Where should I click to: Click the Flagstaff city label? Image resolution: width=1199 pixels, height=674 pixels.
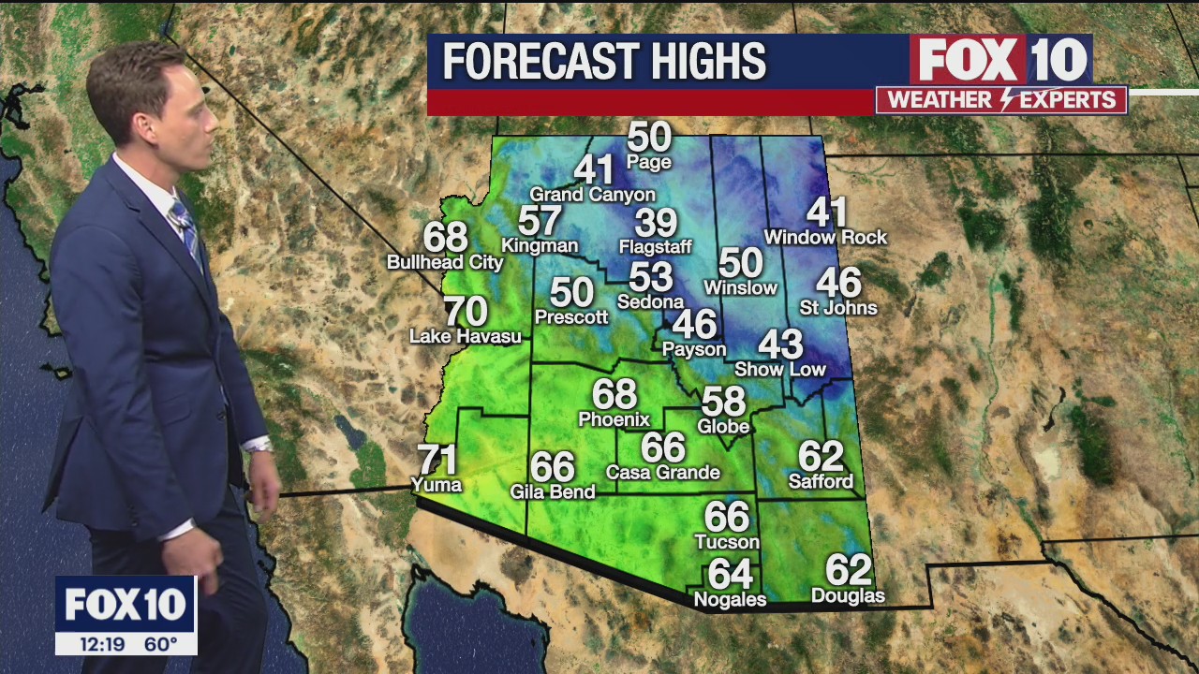[x=655, y=248]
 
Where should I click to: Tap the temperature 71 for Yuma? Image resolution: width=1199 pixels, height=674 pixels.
[x=437, y=460]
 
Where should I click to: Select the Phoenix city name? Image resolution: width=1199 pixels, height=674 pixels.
[x=614, y=419]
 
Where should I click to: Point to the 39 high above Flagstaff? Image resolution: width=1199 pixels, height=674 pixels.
[x=655, y=223]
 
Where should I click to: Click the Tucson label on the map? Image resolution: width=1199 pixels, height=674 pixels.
[x=727, y=542]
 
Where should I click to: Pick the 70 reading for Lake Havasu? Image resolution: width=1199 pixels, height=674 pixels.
[x=466, y=311]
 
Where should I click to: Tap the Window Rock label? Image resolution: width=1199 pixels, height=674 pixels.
[x=825, y=238]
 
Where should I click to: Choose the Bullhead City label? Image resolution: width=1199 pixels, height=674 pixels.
[x=445, y=263]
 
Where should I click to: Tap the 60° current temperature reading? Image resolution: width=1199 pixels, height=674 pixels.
[x=160, y=644]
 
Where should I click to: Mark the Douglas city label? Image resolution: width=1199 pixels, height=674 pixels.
[x=848, y=596]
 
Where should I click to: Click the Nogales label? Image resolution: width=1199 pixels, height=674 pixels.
[x=730, y=599]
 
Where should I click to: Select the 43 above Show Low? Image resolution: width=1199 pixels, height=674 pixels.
[x=780, y=344]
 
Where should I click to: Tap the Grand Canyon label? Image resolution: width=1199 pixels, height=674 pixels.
[x=592, y=195]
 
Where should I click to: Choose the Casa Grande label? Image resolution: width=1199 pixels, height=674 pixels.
[x=662, y=473]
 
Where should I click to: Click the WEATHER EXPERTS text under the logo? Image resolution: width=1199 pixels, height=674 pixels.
[x=1000, y=100]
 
